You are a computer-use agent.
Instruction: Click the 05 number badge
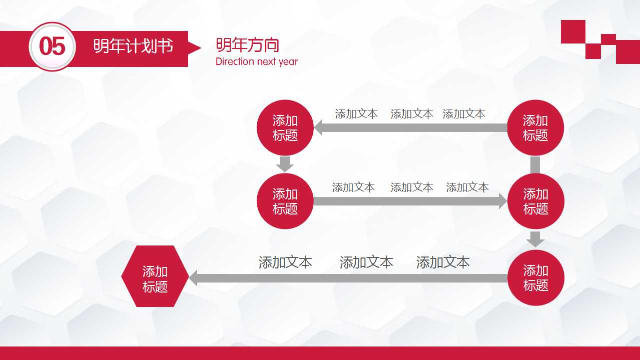pos(52,46)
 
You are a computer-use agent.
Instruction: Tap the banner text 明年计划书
pos(133,46)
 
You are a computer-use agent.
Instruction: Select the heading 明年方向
pos(247,45)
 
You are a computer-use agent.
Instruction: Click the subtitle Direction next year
pos(257,61)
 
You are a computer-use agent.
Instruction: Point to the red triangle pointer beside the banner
pos(194,47)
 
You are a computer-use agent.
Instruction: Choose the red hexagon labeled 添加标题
pos(155,276)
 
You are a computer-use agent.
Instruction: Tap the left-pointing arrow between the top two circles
pos(410,128)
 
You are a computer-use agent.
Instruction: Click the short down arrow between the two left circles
pos(285,164)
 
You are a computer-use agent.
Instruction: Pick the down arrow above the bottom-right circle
pos(535,239)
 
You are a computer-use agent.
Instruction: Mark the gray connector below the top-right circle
pos(535,164)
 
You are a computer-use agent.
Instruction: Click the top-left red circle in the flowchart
pos(285,128)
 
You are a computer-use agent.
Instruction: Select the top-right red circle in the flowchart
pos(535,128)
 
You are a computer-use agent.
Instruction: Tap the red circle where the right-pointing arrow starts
pos(285,201)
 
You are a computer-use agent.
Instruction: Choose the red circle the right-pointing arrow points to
pos(535,201)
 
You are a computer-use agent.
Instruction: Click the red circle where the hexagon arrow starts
pos(535,278)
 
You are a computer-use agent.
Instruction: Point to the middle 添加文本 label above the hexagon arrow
pos(366,262)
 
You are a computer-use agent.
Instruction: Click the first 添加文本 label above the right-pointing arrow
pos(353,187)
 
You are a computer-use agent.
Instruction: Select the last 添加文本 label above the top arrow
pos(464,114)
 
